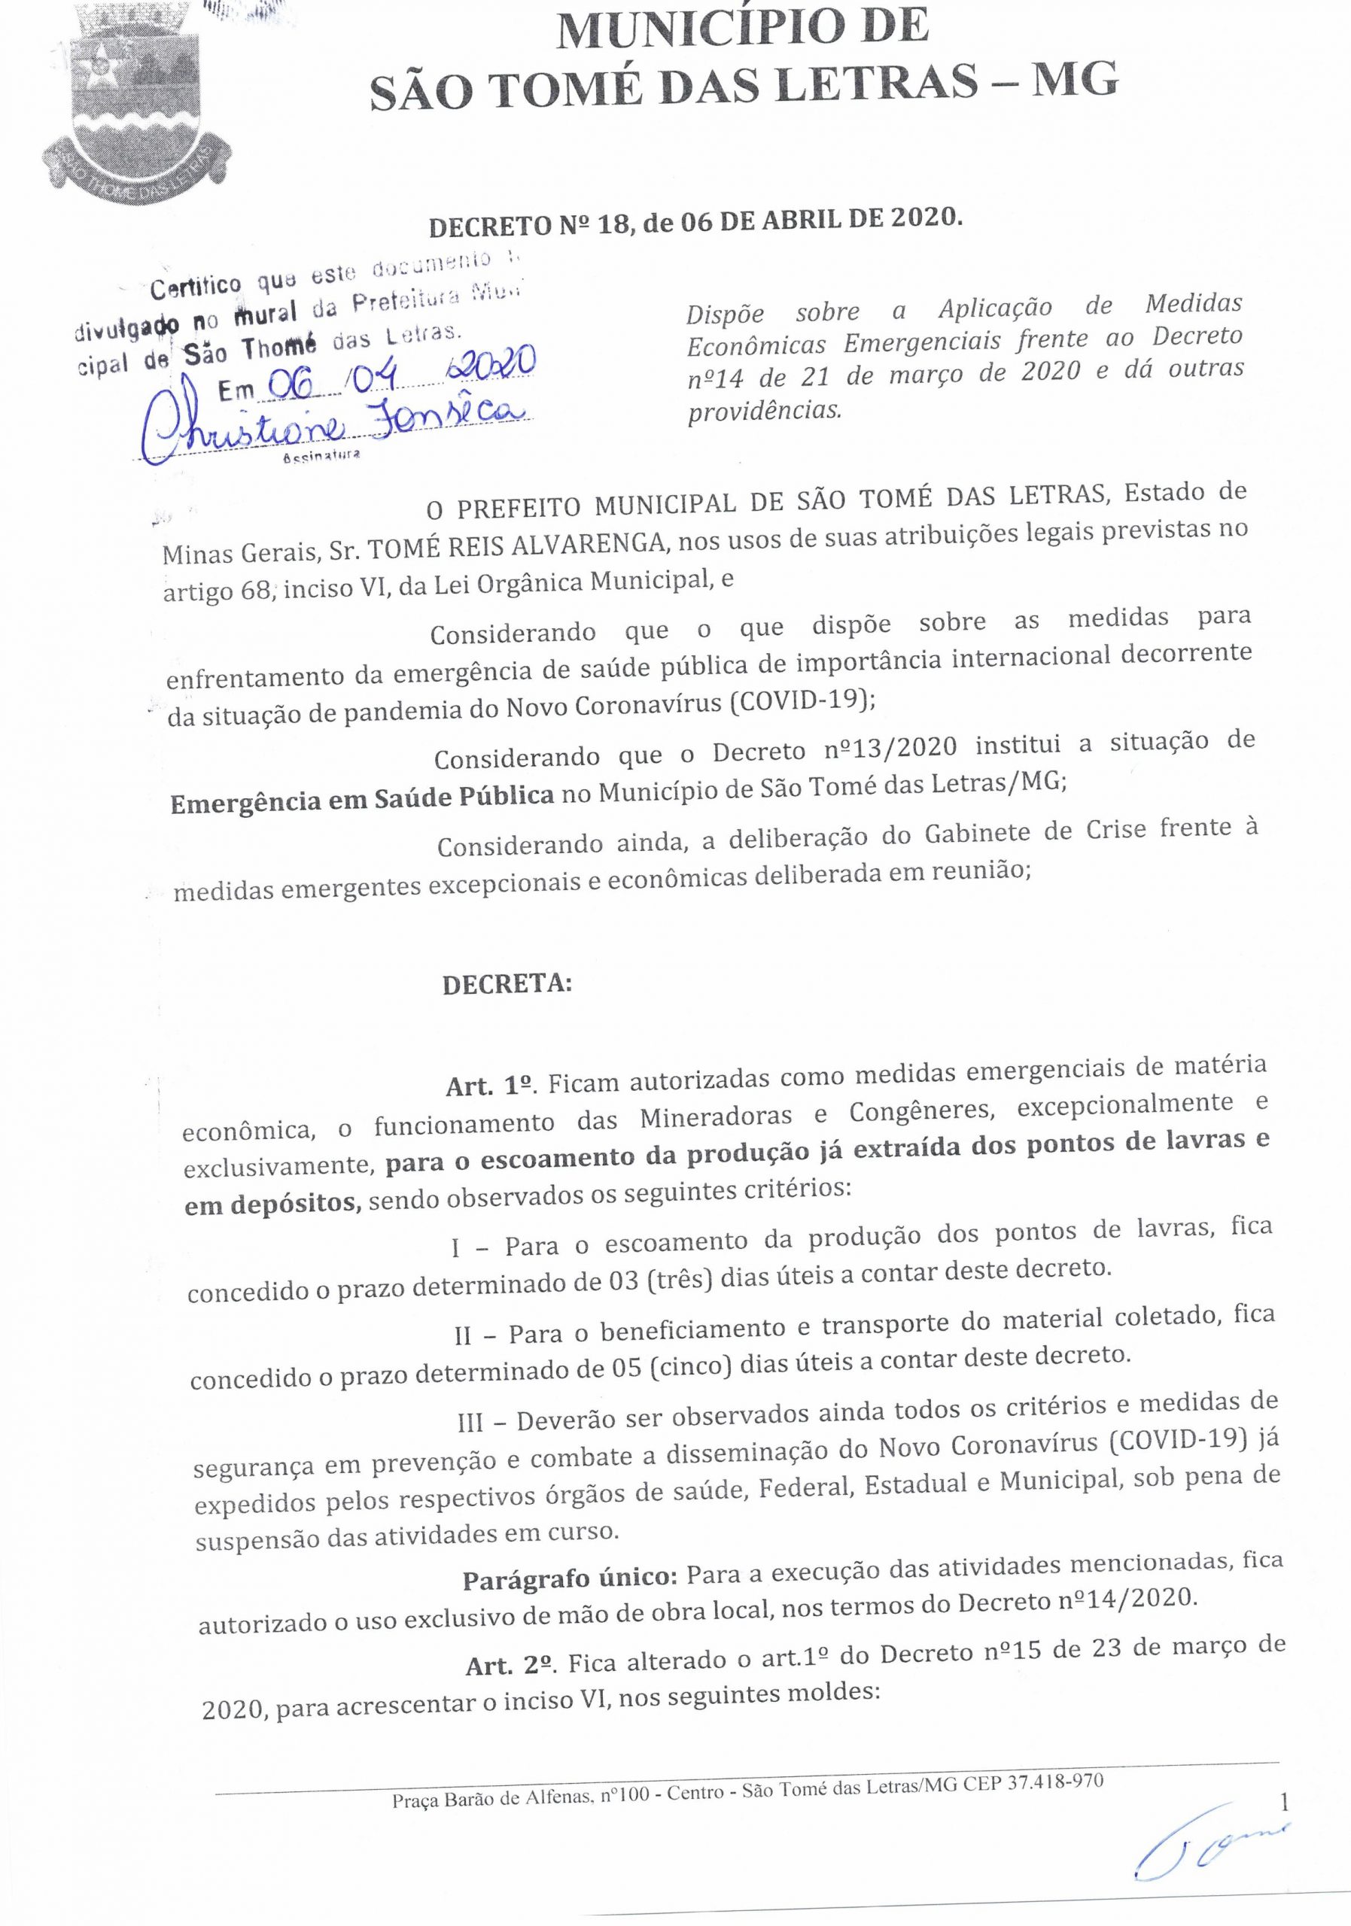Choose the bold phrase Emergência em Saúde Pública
tap(362, 797)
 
